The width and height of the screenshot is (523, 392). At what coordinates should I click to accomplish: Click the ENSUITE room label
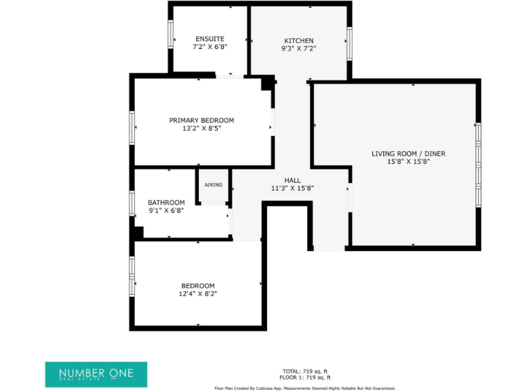click(210, 39)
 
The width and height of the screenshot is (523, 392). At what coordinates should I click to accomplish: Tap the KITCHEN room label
click(299, 40)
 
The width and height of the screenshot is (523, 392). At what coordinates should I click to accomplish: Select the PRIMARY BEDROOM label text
click(202, 120)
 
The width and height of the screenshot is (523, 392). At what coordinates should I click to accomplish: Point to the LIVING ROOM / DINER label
click(408, 154)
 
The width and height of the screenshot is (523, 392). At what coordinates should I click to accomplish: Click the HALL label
click(292, 180)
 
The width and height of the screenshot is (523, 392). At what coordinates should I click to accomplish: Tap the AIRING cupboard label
click(213, 185)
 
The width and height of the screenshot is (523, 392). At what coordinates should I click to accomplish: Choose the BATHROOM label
click(166, 202)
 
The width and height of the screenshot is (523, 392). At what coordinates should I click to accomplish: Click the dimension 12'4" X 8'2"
click(197, 294)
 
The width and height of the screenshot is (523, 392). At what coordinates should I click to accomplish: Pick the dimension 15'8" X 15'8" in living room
click(408, 162)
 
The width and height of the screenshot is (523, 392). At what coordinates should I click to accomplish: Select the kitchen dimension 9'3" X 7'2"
click(299, 48)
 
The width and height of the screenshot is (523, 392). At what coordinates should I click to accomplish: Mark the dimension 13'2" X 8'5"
click(202, 129)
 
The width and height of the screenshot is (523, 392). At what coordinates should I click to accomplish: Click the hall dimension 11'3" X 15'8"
click(292, 189)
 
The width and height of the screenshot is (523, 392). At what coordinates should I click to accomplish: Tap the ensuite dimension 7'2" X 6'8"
click(210, 48)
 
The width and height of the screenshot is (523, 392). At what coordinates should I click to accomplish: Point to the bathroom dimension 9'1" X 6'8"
click(166, 210)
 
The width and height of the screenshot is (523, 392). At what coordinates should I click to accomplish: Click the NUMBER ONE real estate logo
click(95, 374)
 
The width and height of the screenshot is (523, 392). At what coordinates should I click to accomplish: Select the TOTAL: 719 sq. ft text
click(304, 371)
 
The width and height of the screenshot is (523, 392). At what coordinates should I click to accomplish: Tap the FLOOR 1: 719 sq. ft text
click(304, 377)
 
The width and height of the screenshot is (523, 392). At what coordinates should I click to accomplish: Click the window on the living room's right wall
click(478, 164)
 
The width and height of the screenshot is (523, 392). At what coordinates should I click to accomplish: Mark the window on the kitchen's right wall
click(349, 44)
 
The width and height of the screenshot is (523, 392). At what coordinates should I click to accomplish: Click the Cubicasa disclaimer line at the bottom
click(304, 388)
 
